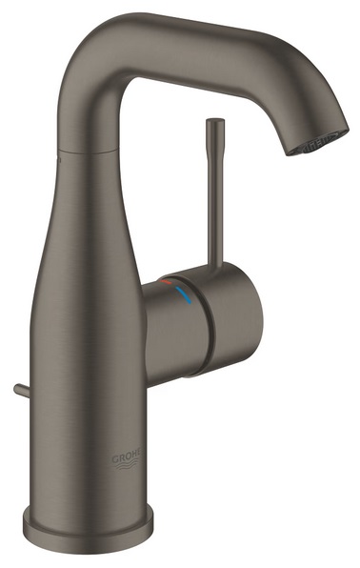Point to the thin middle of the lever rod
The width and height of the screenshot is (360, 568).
210,191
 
